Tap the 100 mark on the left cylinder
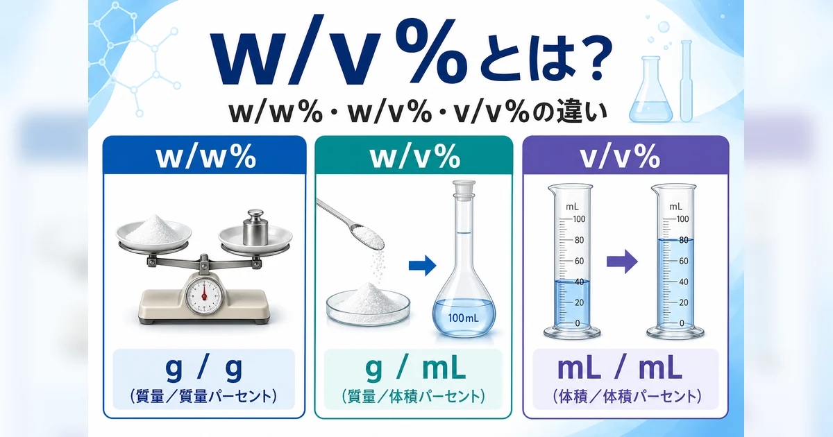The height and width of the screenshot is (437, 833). coord(580,219)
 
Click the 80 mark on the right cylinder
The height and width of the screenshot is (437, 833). coord(682,241)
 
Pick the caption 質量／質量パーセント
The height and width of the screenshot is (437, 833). coord(204,397)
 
